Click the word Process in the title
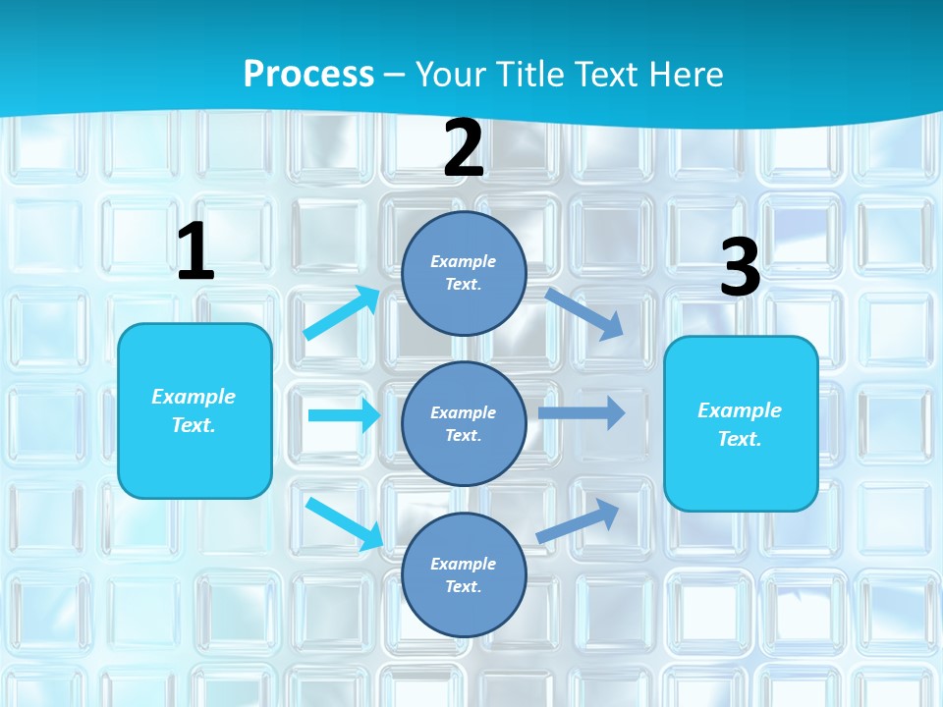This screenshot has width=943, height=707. pyautogui.click(x=308, y=74)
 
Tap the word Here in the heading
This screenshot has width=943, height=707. pyautogui.click(x=682, y=74)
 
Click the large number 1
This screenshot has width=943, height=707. pyautogui.click(x=195, y=251)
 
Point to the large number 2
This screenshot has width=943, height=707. pyautogui.click(x=464, y=149)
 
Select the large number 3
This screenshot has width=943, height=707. pyautogui.click(x=740, y=268)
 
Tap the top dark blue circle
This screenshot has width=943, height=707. pyautogui.click(x=464, y=273)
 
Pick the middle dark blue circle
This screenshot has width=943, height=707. pyautogui.click(x=464, y=423)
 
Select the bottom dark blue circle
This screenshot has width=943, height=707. pyautogui.click(x=464, y=574)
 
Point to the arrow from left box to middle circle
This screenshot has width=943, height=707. pyautogui.click(x=343, y=415)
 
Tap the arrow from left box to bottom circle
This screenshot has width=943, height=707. pyautogui.click(x=345, y=523)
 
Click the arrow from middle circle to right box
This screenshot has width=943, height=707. pyautogui.click(x=582, y=413)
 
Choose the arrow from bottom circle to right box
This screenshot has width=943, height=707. pyautogui.click(x=579, y=520)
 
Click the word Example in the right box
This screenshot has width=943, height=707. pyautogui.click(x=740, y=410)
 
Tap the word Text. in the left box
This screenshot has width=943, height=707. pyautogui.click(x=194, y=425)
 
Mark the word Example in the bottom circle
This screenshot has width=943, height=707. pyautogui.click(x=464, y=564)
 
